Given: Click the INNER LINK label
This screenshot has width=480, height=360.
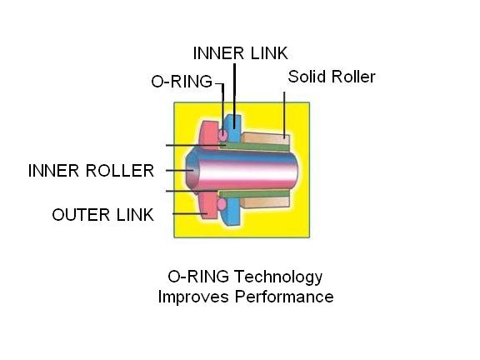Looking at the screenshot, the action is pos(240,53).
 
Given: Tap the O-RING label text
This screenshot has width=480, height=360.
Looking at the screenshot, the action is pos(182,82).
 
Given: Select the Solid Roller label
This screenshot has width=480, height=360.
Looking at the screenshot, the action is pos(332,77).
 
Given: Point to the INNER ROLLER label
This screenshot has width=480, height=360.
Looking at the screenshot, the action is pos(91,171).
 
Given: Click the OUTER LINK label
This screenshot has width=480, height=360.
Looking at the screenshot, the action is pos(102,215).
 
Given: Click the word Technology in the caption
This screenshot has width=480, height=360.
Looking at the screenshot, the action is pos(278,277).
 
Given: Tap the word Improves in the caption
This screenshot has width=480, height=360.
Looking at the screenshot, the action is pos(193,297).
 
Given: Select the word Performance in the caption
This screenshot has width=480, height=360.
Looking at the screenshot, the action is pos(284,297).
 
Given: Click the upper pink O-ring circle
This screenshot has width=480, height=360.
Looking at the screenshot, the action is pos(222,134).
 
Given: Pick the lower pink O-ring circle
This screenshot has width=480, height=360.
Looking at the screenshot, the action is pos(222,203).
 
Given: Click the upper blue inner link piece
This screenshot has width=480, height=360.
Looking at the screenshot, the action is pos(232,128).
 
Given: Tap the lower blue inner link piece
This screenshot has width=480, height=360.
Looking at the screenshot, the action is pos(232,212).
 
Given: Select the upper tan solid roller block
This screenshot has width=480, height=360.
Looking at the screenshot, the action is pos(265,138).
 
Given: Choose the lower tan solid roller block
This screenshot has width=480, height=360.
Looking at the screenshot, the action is pos(265,202).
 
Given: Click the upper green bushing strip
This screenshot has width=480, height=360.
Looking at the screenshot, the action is pos(254,147).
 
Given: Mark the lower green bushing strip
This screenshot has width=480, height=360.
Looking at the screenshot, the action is pos(254,194).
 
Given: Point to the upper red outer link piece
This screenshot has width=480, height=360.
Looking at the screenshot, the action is pos(209,135).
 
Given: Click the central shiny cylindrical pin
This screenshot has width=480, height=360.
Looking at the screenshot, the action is pos(242,170).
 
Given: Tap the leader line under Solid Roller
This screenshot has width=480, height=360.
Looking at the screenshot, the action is pos(284,115).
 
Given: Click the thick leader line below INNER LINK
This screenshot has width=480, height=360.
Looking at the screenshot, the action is pos(234,96).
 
